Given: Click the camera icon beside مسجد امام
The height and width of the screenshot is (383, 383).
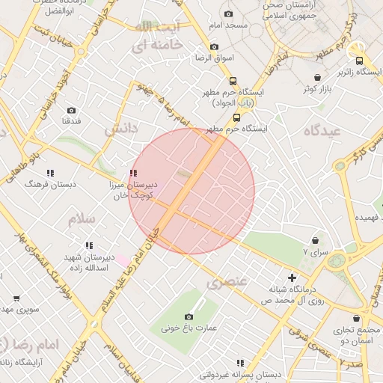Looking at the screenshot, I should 228,13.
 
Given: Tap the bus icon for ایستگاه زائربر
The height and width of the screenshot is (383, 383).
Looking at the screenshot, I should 359,61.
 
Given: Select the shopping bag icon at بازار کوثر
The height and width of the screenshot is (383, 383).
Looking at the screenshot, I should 318,77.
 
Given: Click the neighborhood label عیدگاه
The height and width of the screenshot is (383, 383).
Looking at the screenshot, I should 322,130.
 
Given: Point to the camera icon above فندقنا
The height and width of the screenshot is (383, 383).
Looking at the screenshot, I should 71,111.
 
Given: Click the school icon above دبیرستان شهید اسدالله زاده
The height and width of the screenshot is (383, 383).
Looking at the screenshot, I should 89,245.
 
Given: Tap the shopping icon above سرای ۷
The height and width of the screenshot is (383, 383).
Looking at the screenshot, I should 315,241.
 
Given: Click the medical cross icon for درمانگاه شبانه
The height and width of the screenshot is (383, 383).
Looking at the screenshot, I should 292,278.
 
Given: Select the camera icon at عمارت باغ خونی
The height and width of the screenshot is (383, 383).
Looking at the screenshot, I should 189,316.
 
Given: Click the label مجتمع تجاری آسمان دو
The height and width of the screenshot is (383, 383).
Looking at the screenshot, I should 358,334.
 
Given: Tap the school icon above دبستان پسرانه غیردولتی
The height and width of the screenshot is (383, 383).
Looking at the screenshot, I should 240,362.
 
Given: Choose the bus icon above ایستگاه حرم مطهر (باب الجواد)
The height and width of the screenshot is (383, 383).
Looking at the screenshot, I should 233,82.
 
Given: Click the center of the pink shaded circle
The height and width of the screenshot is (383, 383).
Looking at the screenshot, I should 191,191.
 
